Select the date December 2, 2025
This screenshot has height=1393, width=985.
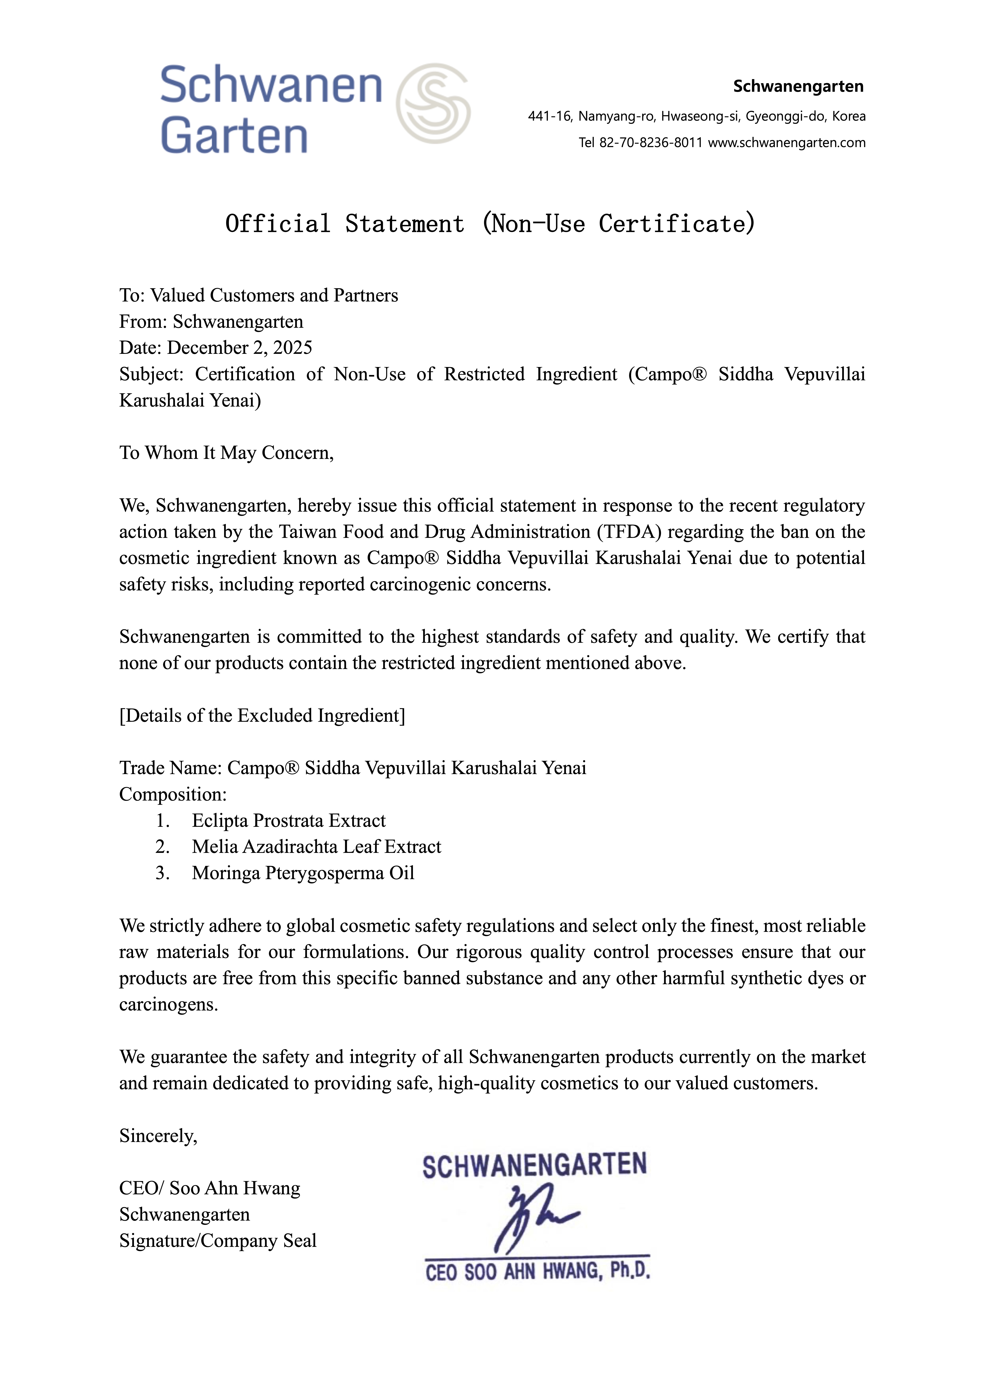pyautogui.click(x=240, y=348)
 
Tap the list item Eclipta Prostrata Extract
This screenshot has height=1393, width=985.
pyautogui.click(x=289, y=821)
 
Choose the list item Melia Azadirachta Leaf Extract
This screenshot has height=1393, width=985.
pyautogui.click(x=316, y=847)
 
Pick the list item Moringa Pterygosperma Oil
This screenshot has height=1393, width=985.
pyautogui.click(x=303, y=873)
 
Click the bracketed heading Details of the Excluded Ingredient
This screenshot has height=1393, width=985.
pyautogui.click(x=262, y=716)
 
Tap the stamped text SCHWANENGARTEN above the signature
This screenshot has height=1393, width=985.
pyautogui.click(x=535, y=1166)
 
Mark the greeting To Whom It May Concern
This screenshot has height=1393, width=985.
pyautogui.click(x=226, y=453)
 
